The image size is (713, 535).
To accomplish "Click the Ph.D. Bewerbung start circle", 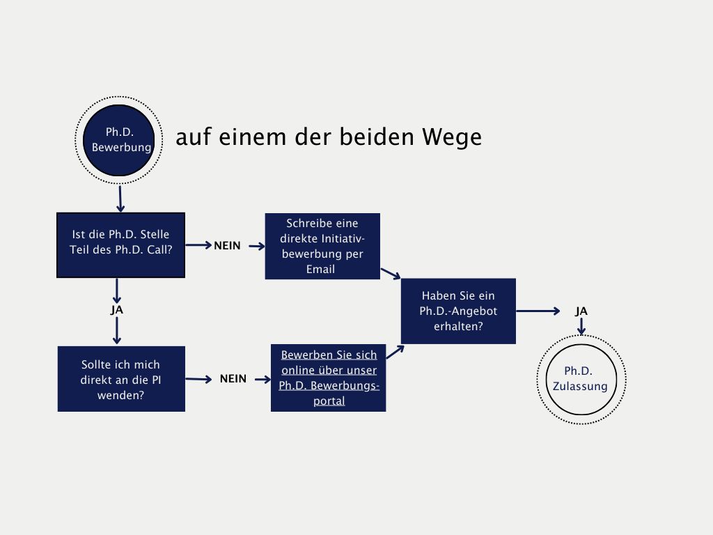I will (118, 140).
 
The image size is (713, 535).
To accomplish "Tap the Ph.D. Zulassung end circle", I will (580, 378).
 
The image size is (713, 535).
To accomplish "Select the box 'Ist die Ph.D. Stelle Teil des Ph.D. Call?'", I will (120, 245).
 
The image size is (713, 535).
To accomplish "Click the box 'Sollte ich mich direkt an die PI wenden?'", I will (121, 379).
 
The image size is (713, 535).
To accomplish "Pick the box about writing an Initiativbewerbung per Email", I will (322, 246).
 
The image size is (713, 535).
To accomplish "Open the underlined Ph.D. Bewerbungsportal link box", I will (328, 378).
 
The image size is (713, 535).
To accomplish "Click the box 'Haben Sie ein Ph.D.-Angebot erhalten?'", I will (458, 311).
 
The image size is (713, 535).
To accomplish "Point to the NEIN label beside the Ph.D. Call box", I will (227, 246).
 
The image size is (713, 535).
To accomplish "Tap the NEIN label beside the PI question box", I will (233, 379).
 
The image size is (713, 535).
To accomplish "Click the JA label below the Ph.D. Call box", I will (116, 310).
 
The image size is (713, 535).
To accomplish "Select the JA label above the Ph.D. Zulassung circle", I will (581, 311).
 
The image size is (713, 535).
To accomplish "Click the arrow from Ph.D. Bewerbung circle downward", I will (120, 198).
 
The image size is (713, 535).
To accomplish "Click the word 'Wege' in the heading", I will (451, 138).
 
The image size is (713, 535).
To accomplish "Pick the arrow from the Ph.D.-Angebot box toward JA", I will (538, 311).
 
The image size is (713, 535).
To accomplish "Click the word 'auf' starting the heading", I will (191, 137).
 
